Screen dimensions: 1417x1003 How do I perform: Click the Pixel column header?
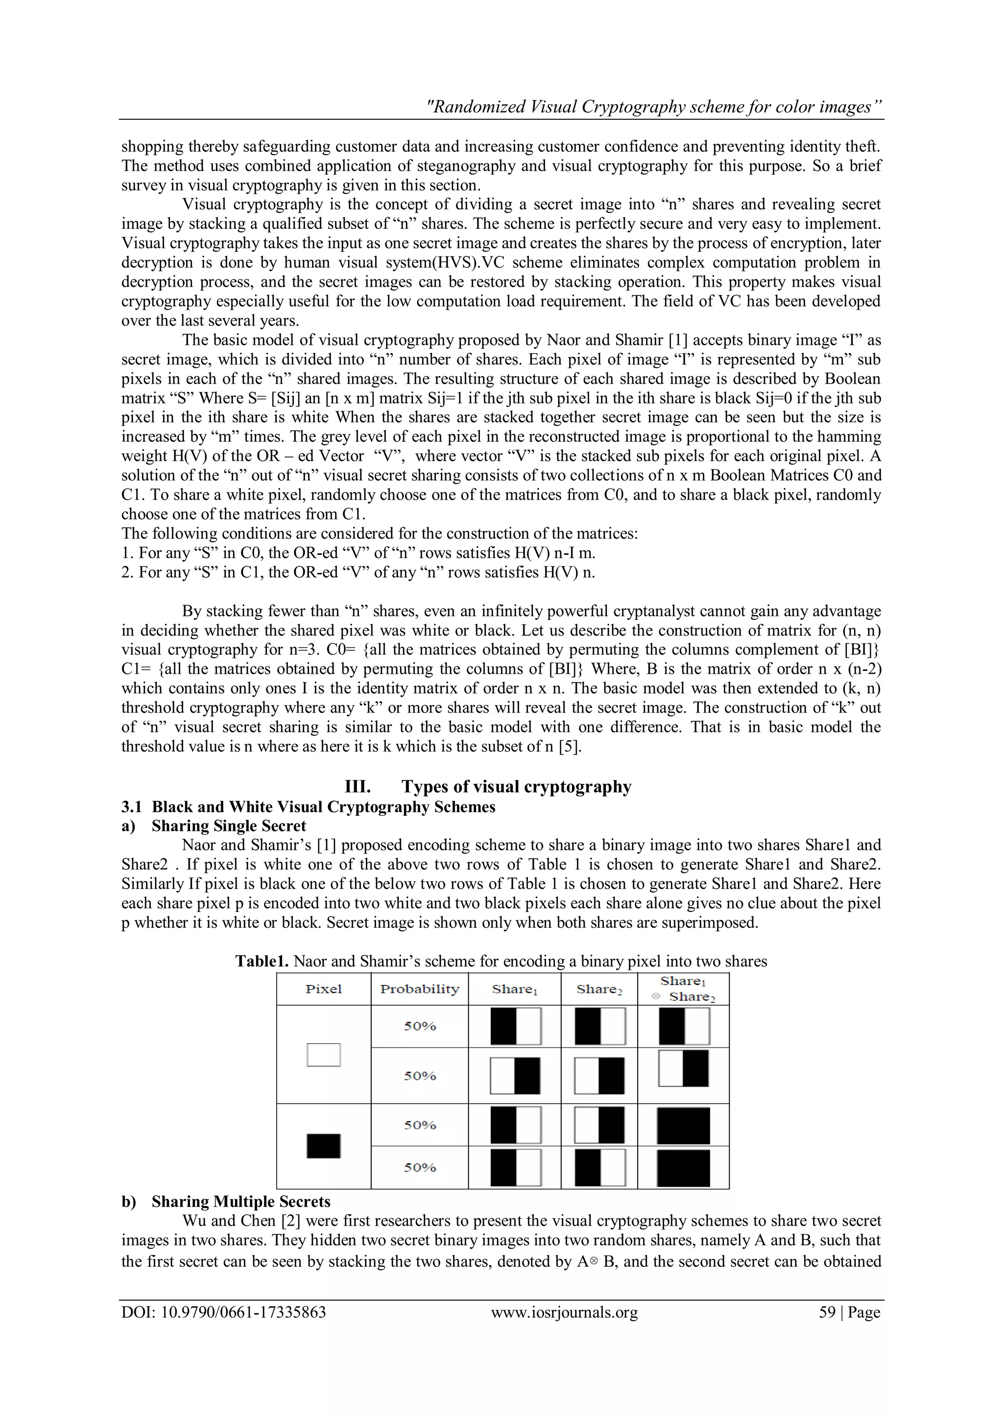pyautogui.click(x=324, y=989)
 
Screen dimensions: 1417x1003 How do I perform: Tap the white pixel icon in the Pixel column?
pyautogui.click(x=324, y=1055)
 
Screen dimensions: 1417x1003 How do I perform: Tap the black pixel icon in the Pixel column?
pyautogui.click(x=324, y=1146)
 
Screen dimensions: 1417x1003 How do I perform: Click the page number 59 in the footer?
pyautogui.click(x=827, y=1312)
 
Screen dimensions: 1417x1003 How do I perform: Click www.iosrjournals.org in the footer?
pyautogui.click(x=564, y=1312)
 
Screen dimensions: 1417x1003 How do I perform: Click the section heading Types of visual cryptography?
pyautogui.click(x=516, y=787)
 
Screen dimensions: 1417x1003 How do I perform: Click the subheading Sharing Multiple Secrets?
pyautogui.click(x=241, y=1202)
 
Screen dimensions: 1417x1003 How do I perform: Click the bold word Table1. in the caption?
pyautogui.click(x=262, y=961)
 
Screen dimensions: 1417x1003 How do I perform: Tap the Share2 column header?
pyautogui.click(x=599, y=989)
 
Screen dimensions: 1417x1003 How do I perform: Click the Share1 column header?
pyautogui.click(x=514, y=989)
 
